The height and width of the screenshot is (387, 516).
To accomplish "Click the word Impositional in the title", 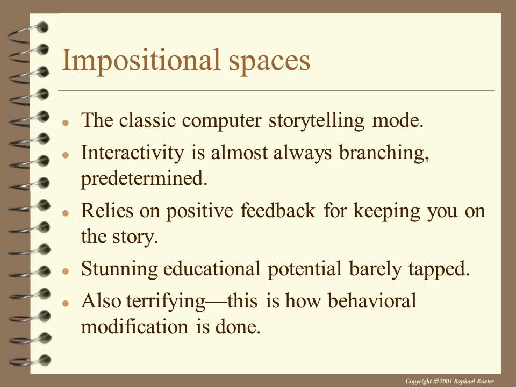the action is point(140,61).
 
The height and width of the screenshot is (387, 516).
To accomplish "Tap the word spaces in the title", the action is point(269,62).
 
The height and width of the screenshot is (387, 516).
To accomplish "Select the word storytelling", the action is point(317,121).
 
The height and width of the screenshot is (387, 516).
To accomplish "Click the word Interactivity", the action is point(133,153).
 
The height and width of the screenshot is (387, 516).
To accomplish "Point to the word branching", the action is point(384,153).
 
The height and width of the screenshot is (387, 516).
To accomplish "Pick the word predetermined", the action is point(144,178).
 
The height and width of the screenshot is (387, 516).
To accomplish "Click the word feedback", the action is point(278,211).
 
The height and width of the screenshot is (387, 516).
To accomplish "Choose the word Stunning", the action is point(119,269).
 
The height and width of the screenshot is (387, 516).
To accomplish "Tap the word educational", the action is point(212,269).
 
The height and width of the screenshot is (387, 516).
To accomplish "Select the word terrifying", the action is point(166,302).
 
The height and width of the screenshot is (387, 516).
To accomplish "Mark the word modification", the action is point(134,327).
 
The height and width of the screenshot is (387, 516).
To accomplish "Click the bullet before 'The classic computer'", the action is point(66,123).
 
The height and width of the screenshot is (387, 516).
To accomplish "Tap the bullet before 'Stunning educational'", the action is point(66,271).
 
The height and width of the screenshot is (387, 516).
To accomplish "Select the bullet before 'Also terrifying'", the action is point(66,303).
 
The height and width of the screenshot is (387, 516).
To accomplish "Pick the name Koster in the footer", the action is point(485,382).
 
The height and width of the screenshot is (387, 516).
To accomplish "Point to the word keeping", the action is point(387,211).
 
